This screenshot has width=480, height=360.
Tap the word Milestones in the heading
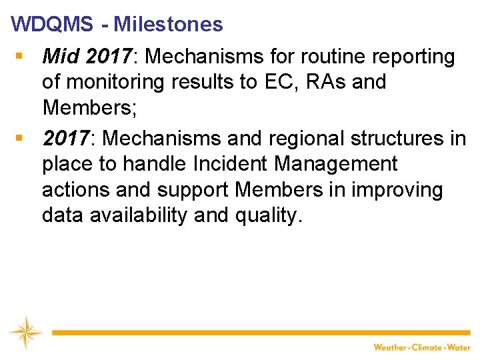(168, 25)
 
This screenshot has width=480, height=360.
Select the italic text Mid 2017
(87, 57)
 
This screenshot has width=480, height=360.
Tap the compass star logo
(25, 331)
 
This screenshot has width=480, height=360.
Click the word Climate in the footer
(427, 347)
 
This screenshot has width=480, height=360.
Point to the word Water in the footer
(459, 347)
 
